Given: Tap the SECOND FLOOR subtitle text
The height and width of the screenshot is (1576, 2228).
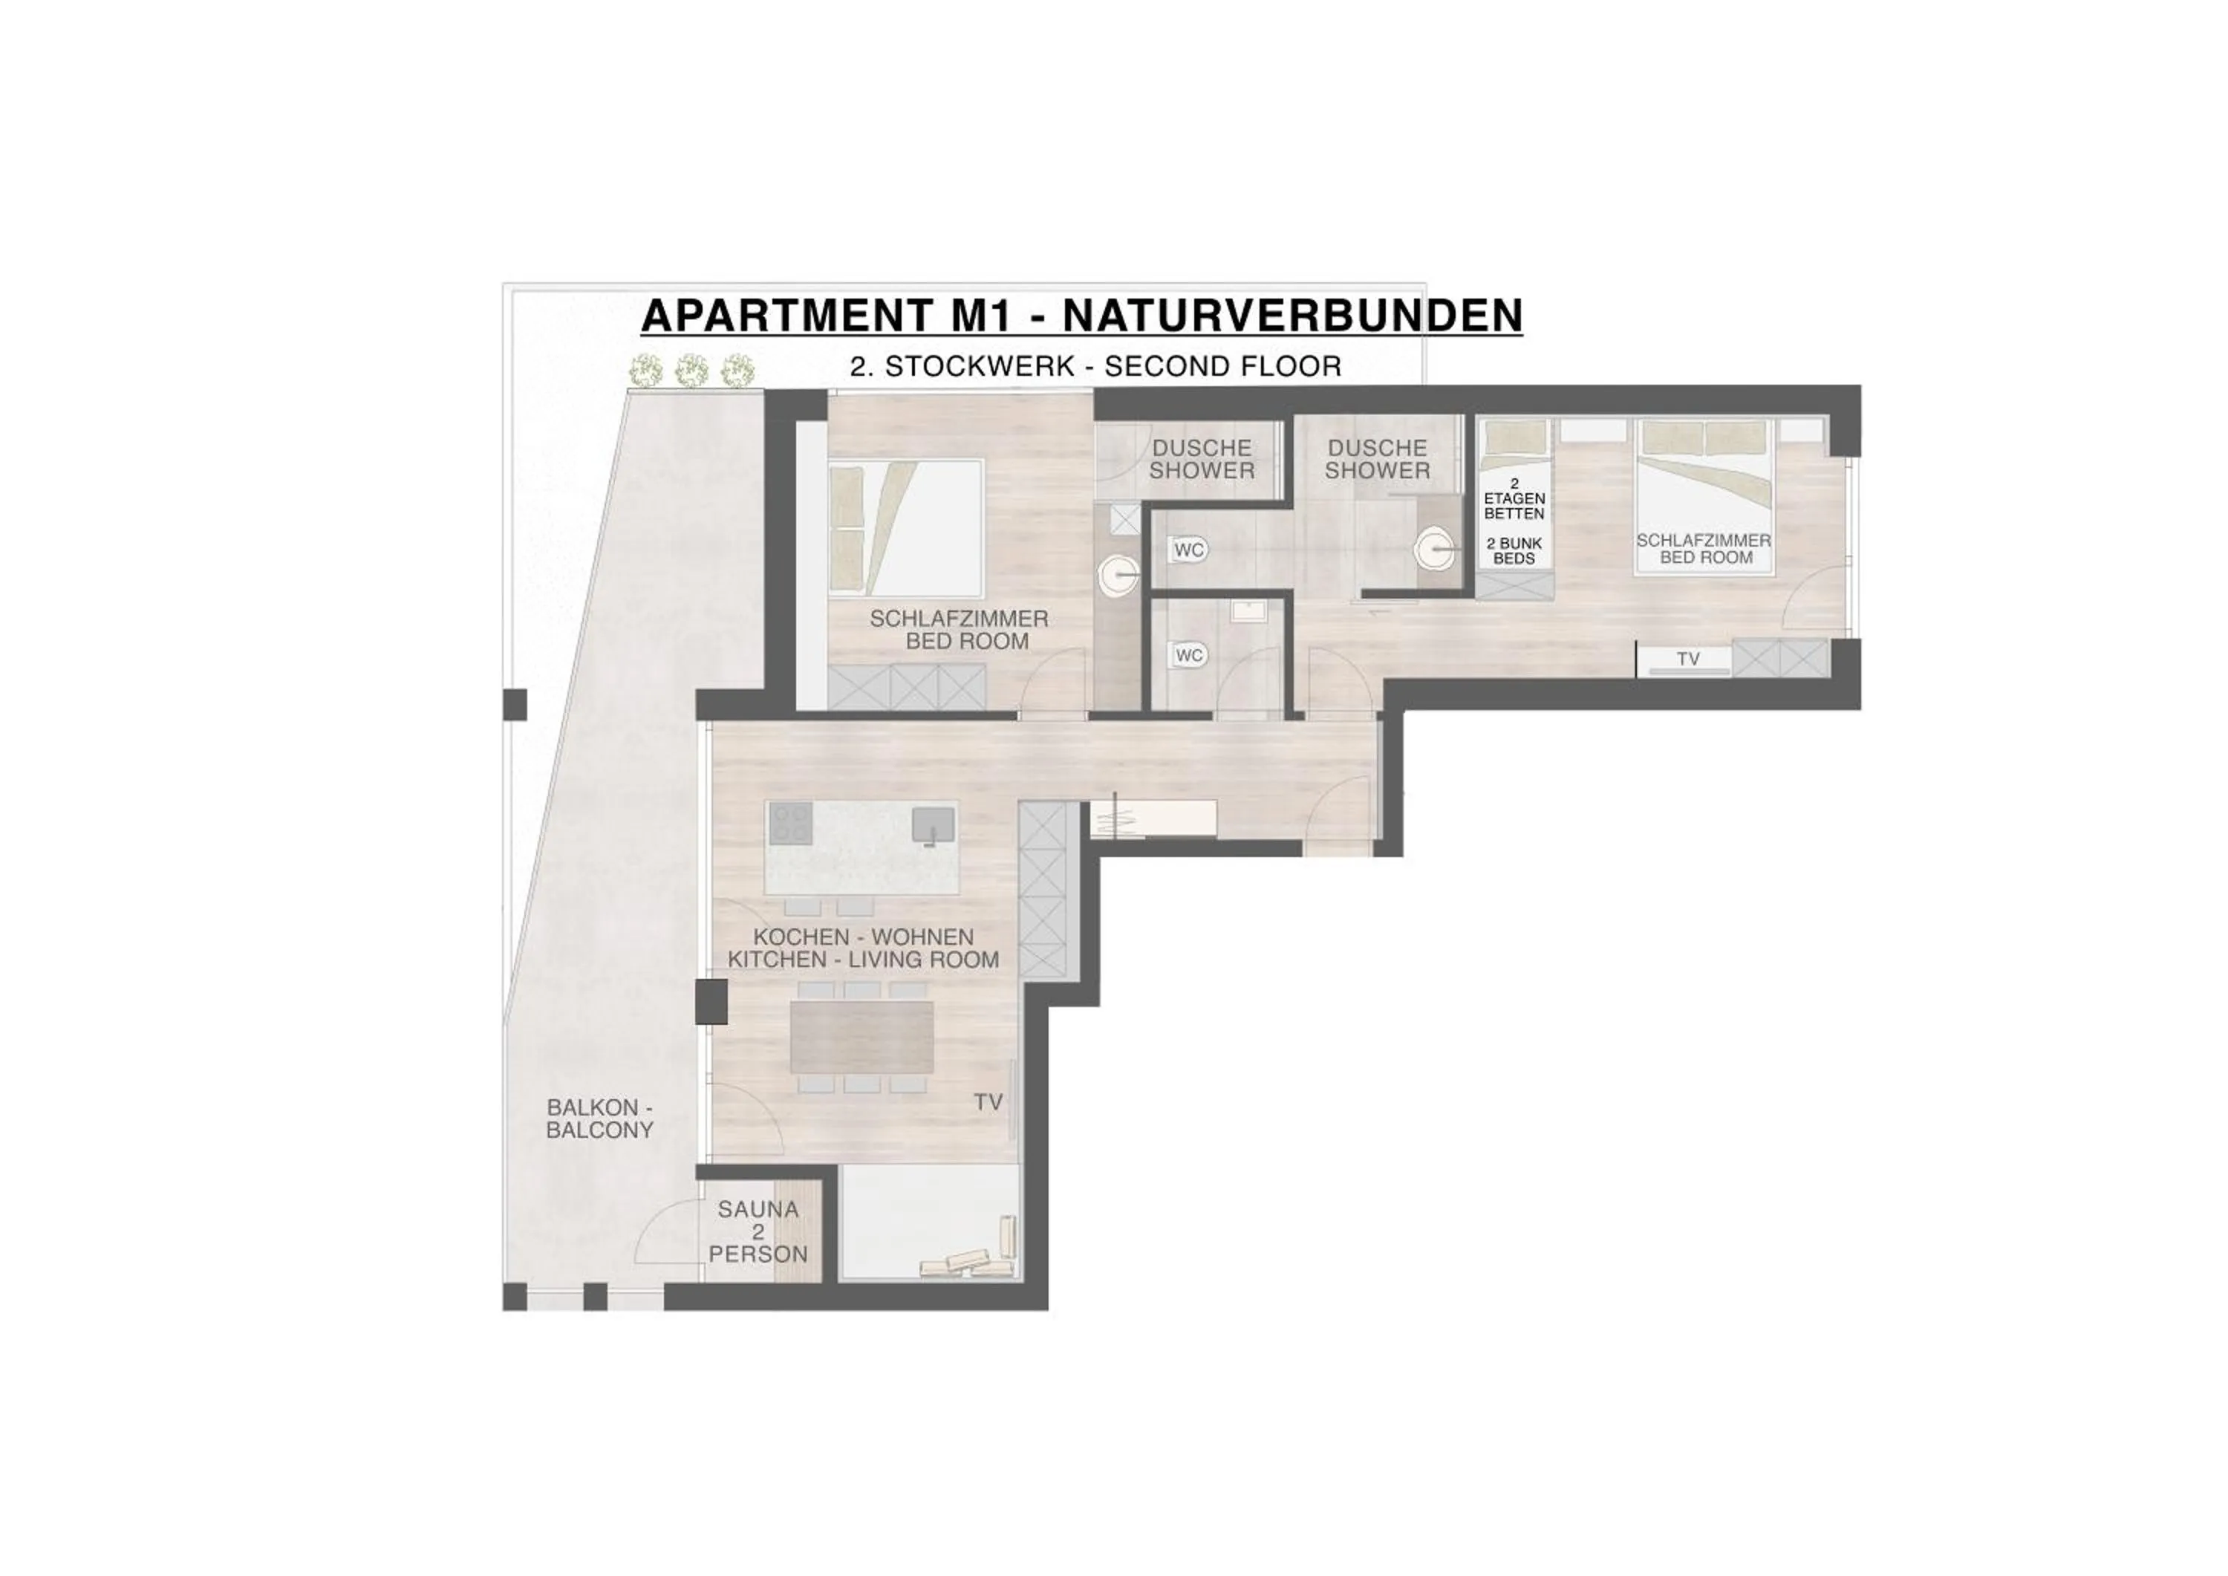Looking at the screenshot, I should pos(1222,367).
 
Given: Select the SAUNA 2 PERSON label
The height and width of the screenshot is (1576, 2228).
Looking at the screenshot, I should pos(758,1231).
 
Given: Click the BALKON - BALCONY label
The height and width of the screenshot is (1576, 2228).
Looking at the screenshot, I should pos(599,1118).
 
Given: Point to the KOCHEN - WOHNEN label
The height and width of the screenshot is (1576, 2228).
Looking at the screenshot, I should pos(863,937).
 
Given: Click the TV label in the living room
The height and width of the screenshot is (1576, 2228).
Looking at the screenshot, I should pos(988,1102).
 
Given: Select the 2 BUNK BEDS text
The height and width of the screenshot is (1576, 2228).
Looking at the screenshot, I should pos(1514,551).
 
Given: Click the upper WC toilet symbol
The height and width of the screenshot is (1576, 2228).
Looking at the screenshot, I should pos(1186,550).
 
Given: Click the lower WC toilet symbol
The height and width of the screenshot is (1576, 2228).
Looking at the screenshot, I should pos(1186,655).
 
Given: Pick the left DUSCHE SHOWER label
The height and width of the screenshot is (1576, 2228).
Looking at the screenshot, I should pos(1202,459).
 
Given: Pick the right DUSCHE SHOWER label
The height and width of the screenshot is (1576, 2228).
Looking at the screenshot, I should pos(1377,459).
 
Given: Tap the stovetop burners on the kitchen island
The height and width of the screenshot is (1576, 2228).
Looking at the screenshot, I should pos(790,824).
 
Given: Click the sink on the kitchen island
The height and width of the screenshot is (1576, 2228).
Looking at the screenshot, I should pos(933,826).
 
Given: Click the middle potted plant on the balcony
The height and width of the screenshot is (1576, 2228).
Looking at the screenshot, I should pos(691,370).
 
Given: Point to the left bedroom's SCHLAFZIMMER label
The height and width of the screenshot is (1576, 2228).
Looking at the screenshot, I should pos(959,629).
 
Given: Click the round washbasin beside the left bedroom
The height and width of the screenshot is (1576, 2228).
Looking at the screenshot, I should pos(1119,576).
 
